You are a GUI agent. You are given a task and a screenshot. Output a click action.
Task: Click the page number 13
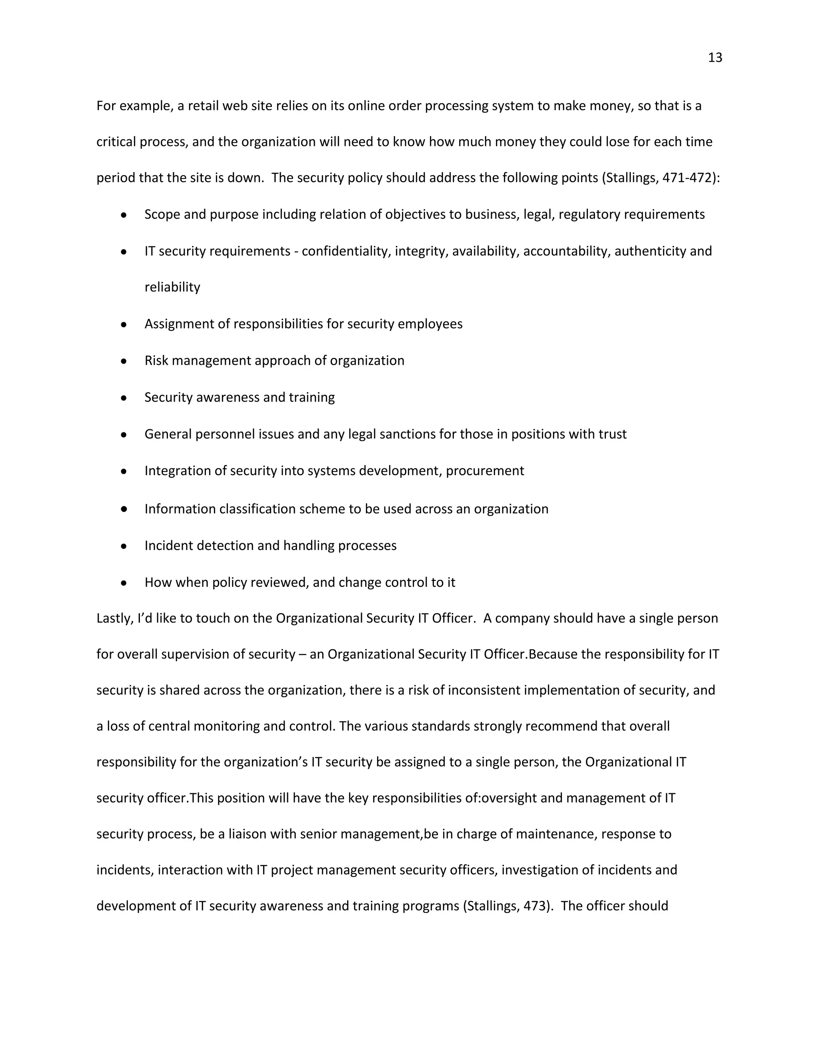click(715, 58)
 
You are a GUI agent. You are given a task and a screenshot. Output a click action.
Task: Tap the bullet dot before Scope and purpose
click(124, 214)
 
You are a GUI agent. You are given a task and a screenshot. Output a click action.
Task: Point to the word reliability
click(172, 287)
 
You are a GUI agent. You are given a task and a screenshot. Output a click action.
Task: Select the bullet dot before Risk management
click(124, 361)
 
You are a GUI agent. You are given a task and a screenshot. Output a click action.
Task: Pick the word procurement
click(485, 471)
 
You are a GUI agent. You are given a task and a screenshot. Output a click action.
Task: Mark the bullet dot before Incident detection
click(124, 546)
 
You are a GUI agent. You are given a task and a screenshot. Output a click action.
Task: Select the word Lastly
click(113, 619)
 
